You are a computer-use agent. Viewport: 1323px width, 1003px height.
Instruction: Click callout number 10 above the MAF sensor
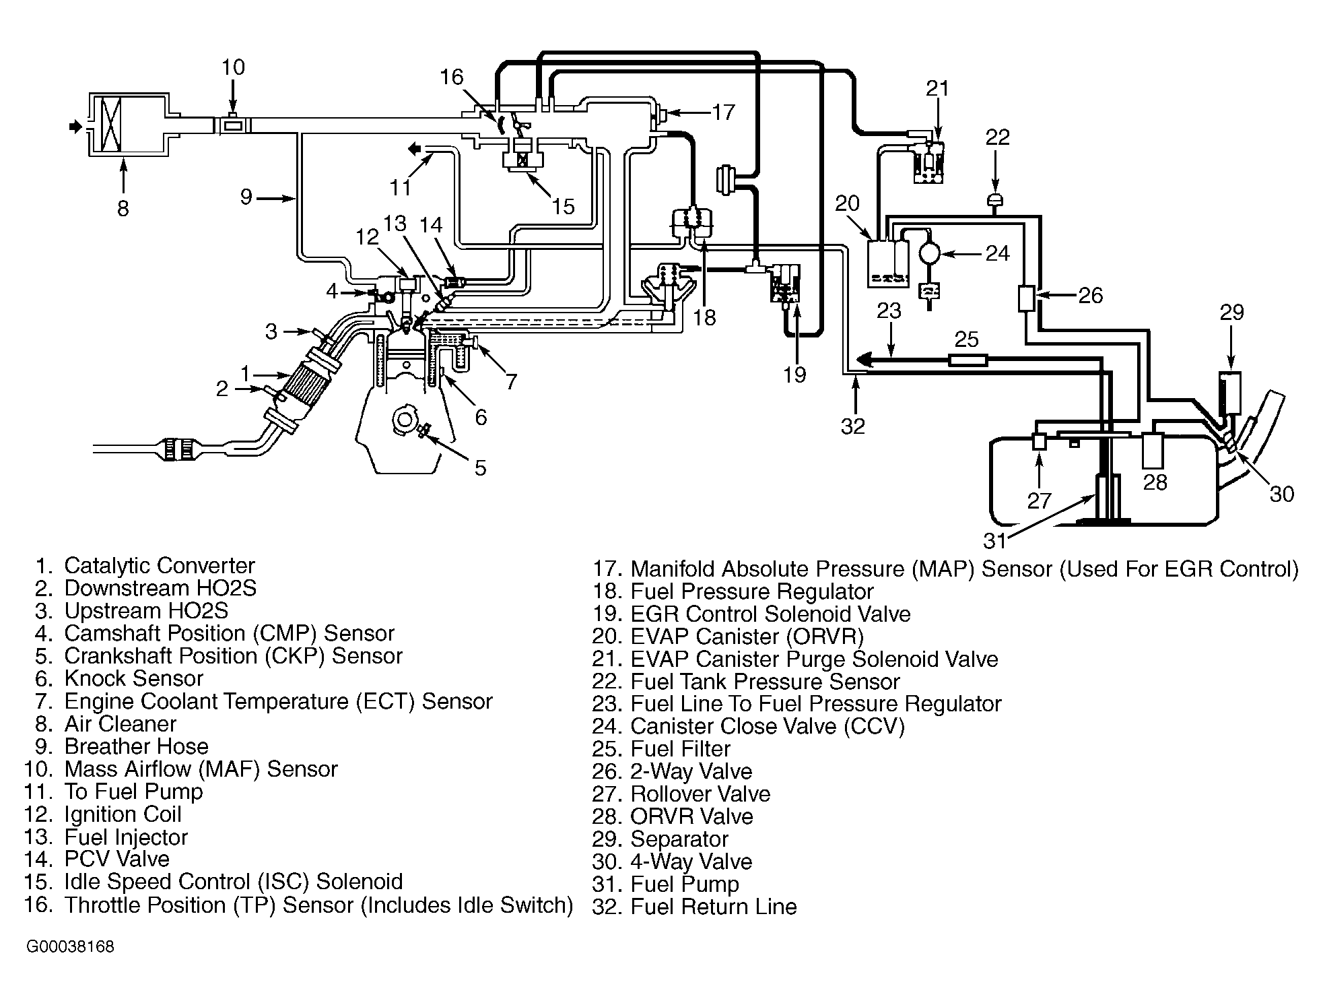(x=233, y=67)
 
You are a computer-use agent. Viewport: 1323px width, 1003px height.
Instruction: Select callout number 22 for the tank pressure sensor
(x=998, y=137)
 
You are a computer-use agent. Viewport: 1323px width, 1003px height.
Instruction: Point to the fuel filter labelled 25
(x=968, y=360)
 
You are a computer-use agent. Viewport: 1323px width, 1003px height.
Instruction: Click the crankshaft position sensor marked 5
(x=423, y=429)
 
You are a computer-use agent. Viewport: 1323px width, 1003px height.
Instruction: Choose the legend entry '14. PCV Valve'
(x=97, y=859)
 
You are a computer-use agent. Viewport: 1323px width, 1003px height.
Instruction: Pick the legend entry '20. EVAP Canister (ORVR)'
(x=728, y=637)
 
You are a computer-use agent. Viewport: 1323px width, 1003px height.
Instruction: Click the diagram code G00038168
(x=71, y=947)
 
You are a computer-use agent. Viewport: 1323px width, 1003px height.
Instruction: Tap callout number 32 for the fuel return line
(x=853, y=426)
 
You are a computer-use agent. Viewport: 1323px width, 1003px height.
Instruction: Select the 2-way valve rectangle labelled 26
(x=1026, y=298)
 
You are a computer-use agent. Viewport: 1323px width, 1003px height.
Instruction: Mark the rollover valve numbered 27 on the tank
(x=1039, y=442)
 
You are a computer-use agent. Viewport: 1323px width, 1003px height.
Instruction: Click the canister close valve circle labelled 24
(x=930, y=253)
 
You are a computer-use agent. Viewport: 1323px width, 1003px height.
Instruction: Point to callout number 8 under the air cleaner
(x=123, y=209)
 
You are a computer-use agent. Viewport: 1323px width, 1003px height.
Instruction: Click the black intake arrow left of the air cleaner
(x=75, y=126)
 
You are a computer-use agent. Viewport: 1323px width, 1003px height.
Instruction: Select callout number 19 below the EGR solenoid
(x=794, y=375)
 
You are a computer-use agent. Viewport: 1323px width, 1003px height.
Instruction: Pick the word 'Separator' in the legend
(x=679, y=839)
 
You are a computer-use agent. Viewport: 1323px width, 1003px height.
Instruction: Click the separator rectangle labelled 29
(x=1230, y=392)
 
